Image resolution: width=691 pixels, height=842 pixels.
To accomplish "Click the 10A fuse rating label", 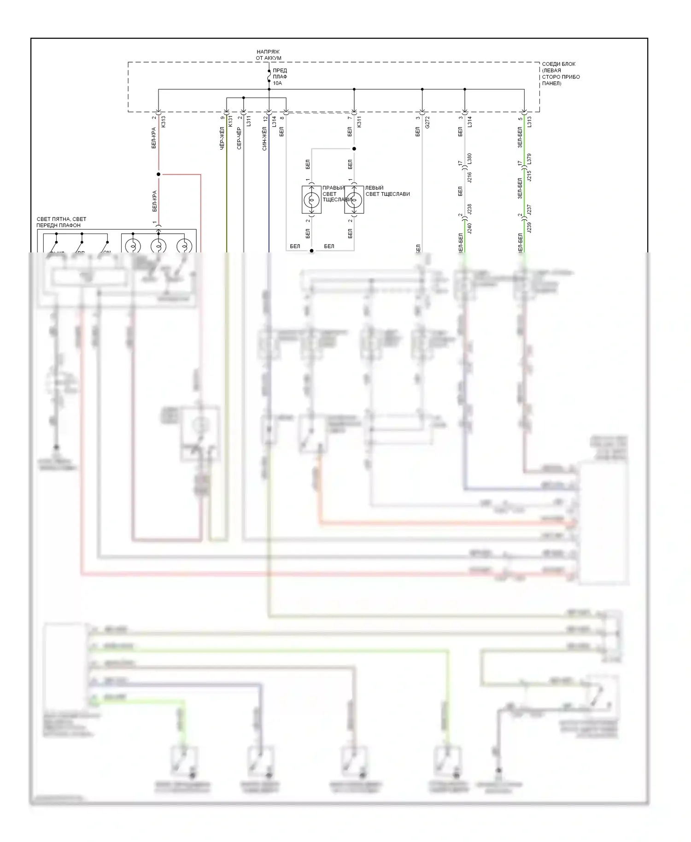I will coord(277,83).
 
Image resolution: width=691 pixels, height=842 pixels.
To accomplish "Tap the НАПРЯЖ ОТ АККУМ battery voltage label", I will coord(268,55).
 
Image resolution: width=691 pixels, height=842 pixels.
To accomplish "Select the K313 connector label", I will coord(164,122).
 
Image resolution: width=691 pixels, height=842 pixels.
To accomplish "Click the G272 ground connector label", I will coord(427,122).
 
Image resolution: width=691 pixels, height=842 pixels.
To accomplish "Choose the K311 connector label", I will coord(359,122).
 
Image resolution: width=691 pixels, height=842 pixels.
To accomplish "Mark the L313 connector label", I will coord(529,122).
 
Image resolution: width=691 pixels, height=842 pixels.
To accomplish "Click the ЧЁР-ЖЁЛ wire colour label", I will coord(222,139).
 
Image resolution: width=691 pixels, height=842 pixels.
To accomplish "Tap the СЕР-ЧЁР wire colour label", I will coord(239,139).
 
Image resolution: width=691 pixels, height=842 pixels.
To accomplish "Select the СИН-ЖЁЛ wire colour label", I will coord(264,139).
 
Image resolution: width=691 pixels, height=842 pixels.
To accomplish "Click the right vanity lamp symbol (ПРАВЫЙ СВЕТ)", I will coord(311,200).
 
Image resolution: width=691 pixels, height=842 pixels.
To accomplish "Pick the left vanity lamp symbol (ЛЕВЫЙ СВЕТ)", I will coord(354,200).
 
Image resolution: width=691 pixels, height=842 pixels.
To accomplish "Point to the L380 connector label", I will coord(469,159).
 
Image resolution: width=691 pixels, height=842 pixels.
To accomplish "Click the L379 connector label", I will coord(529,159).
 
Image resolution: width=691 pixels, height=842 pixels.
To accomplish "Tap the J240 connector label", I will coord(469,228).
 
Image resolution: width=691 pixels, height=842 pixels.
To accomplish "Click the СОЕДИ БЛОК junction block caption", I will coord(561,74).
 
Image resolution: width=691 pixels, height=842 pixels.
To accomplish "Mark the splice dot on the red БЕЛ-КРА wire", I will coord(158,175).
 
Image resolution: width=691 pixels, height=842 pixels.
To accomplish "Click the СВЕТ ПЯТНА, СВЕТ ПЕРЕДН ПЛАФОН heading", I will coord(62,222).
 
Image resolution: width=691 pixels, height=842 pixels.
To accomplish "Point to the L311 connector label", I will coord(249,122).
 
